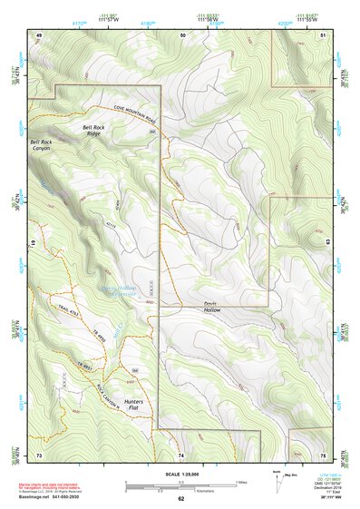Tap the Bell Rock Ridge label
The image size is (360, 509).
[99, 131]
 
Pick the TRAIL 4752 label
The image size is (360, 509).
[67, 313]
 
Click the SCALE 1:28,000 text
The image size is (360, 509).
[180, 472]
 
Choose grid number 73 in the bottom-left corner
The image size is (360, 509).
[39, 455]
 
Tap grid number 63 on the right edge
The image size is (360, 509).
[326, 243]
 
